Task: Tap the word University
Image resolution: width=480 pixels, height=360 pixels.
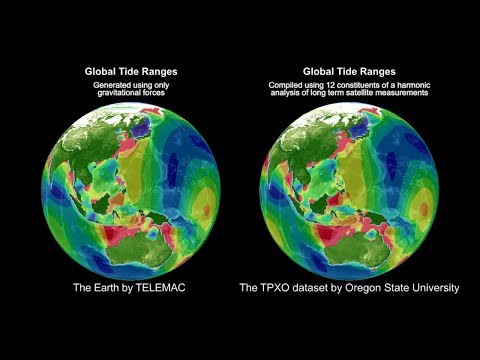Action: click(434, 288)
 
